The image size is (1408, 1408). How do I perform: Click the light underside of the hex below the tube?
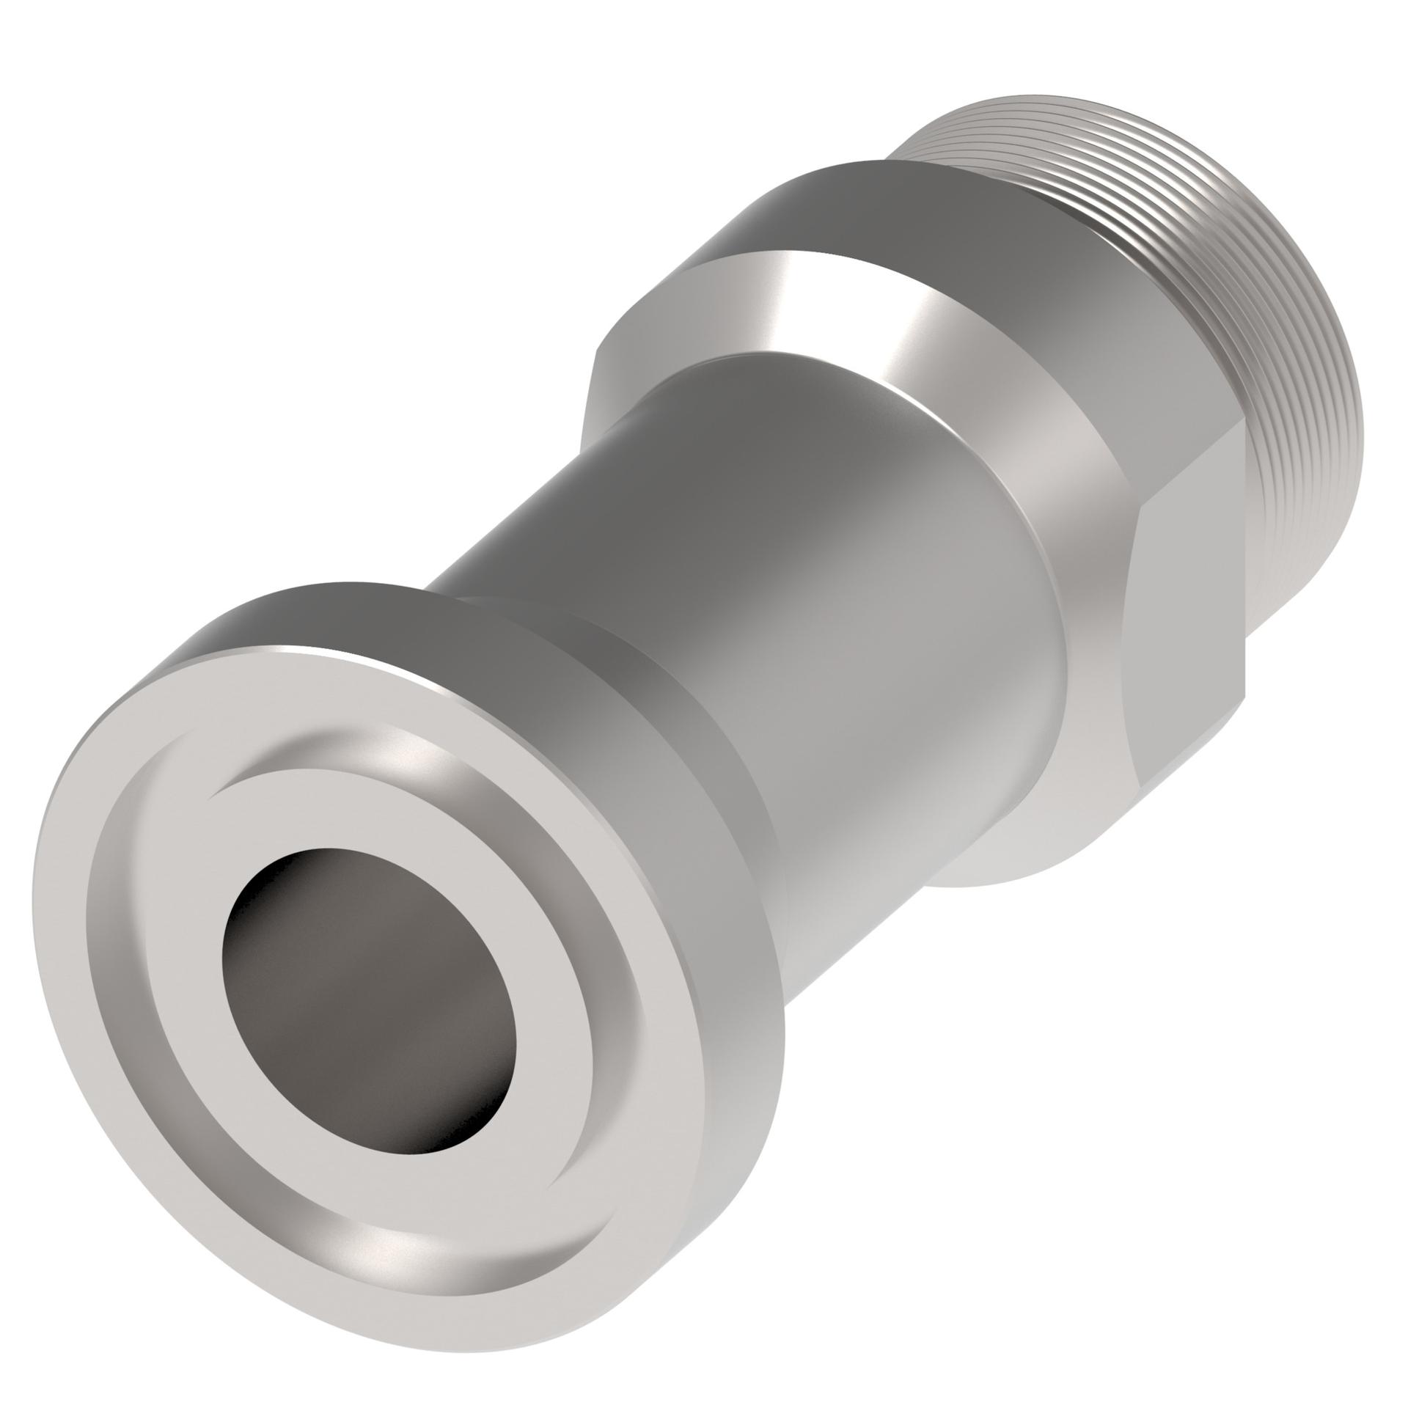pyautogui.click(x=1027, y=843)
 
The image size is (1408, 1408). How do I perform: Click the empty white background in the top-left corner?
pyautogui.click(x=110, y=110)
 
